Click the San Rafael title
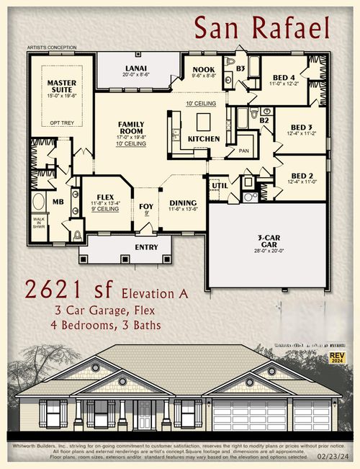pyautogui.click(x=262, y=28)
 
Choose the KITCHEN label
pyautogui.click(x=204, y=138)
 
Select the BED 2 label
pyautogui.click(x=297, y=177)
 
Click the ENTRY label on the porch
pyautogui.click(x=146, y=247)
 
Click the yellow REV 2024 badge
pyautogui.click(x=337, y=357)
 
